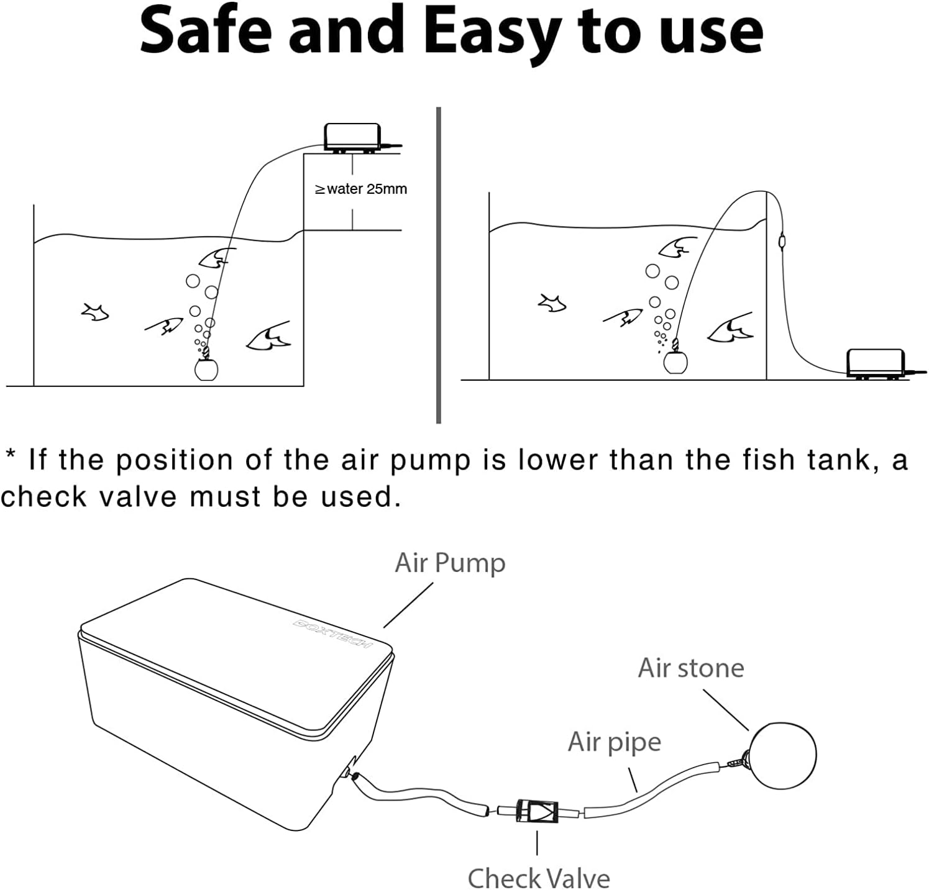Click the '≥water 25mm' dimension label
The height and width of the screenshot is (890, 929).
[361, 189]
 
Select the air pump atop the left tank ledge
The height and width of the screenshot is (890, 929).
[352, 137]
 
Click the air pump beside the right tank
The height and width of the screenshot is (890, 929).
[876, 361]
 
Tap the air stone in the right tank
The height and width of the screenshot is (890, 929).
[675, 361]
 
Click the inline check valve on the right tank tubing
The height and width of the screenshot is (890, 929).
[782, 238]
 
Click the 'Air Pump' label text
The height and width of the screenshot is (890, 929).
[450, 563]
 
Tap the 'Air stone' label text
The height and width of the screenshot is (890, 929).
[690, 668]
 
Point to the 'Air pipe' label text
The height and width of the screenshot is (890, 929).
[614, 742]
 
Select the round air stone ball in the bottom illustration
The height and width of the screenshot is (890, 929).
[783, 755]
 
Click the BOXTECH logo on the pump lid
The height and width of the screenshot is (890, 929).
[332, 633]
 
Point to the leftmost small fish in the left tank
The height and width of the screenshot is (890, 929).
[95, 312]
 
